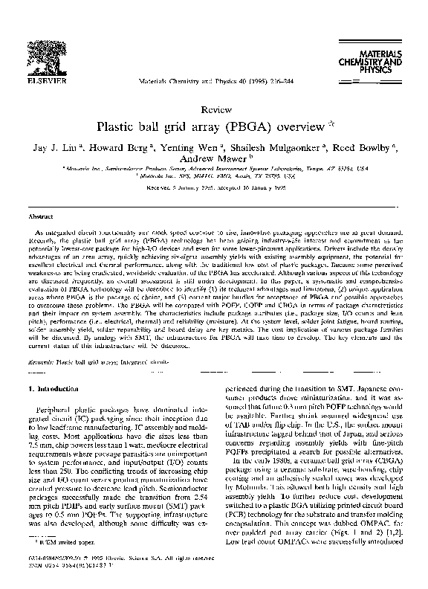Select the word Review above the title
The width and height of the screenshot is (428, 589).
[213, 109]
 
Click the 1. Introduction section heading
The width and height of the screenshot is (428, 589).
[56, 389]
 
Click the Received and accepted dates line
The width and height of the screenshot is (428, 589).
[213, 189]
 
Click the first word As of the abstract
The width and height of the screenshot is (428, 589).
[41, 234]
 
